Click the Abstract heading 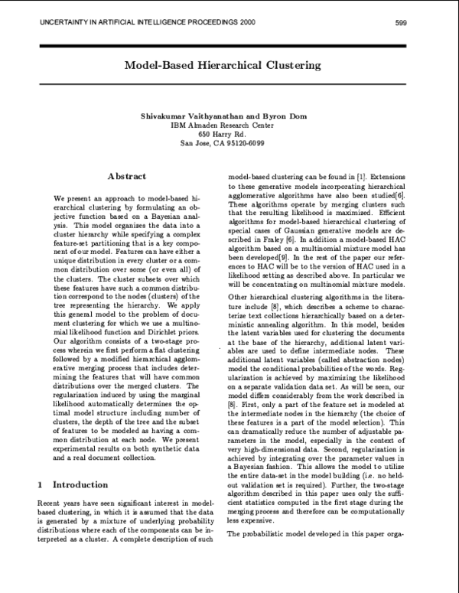pos(126,176)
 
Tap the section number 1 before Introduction pos(40,485)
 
